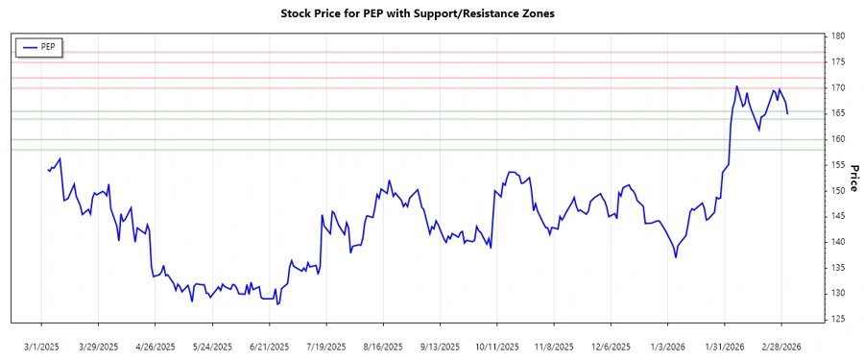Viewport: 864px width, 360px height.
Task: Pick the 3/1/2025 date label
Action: click(x=42, y=346)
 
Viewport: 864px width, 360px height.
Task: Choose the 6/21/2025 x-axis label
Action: click(x=270, y=346)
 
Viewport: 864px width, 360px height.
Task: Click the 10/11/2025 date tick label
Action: click(x=497, y=346)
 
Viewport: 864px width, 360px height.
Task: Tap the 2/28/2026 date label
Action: click(x=781, y=346)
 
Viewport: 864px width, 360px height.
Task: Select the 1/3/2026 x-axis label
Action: click(x=668, y=346)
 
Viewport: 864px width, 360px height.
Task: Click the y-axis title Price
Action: click(x=853, y=178)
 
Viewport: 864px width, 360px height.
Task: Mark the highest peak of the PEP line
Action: click(x=736, y=86)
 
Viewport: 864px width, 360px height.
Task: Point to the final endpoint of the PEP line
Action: click(x=788, y=114)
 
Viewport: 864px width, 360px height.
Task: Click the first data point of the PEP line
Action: click(x=48, y=170)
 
